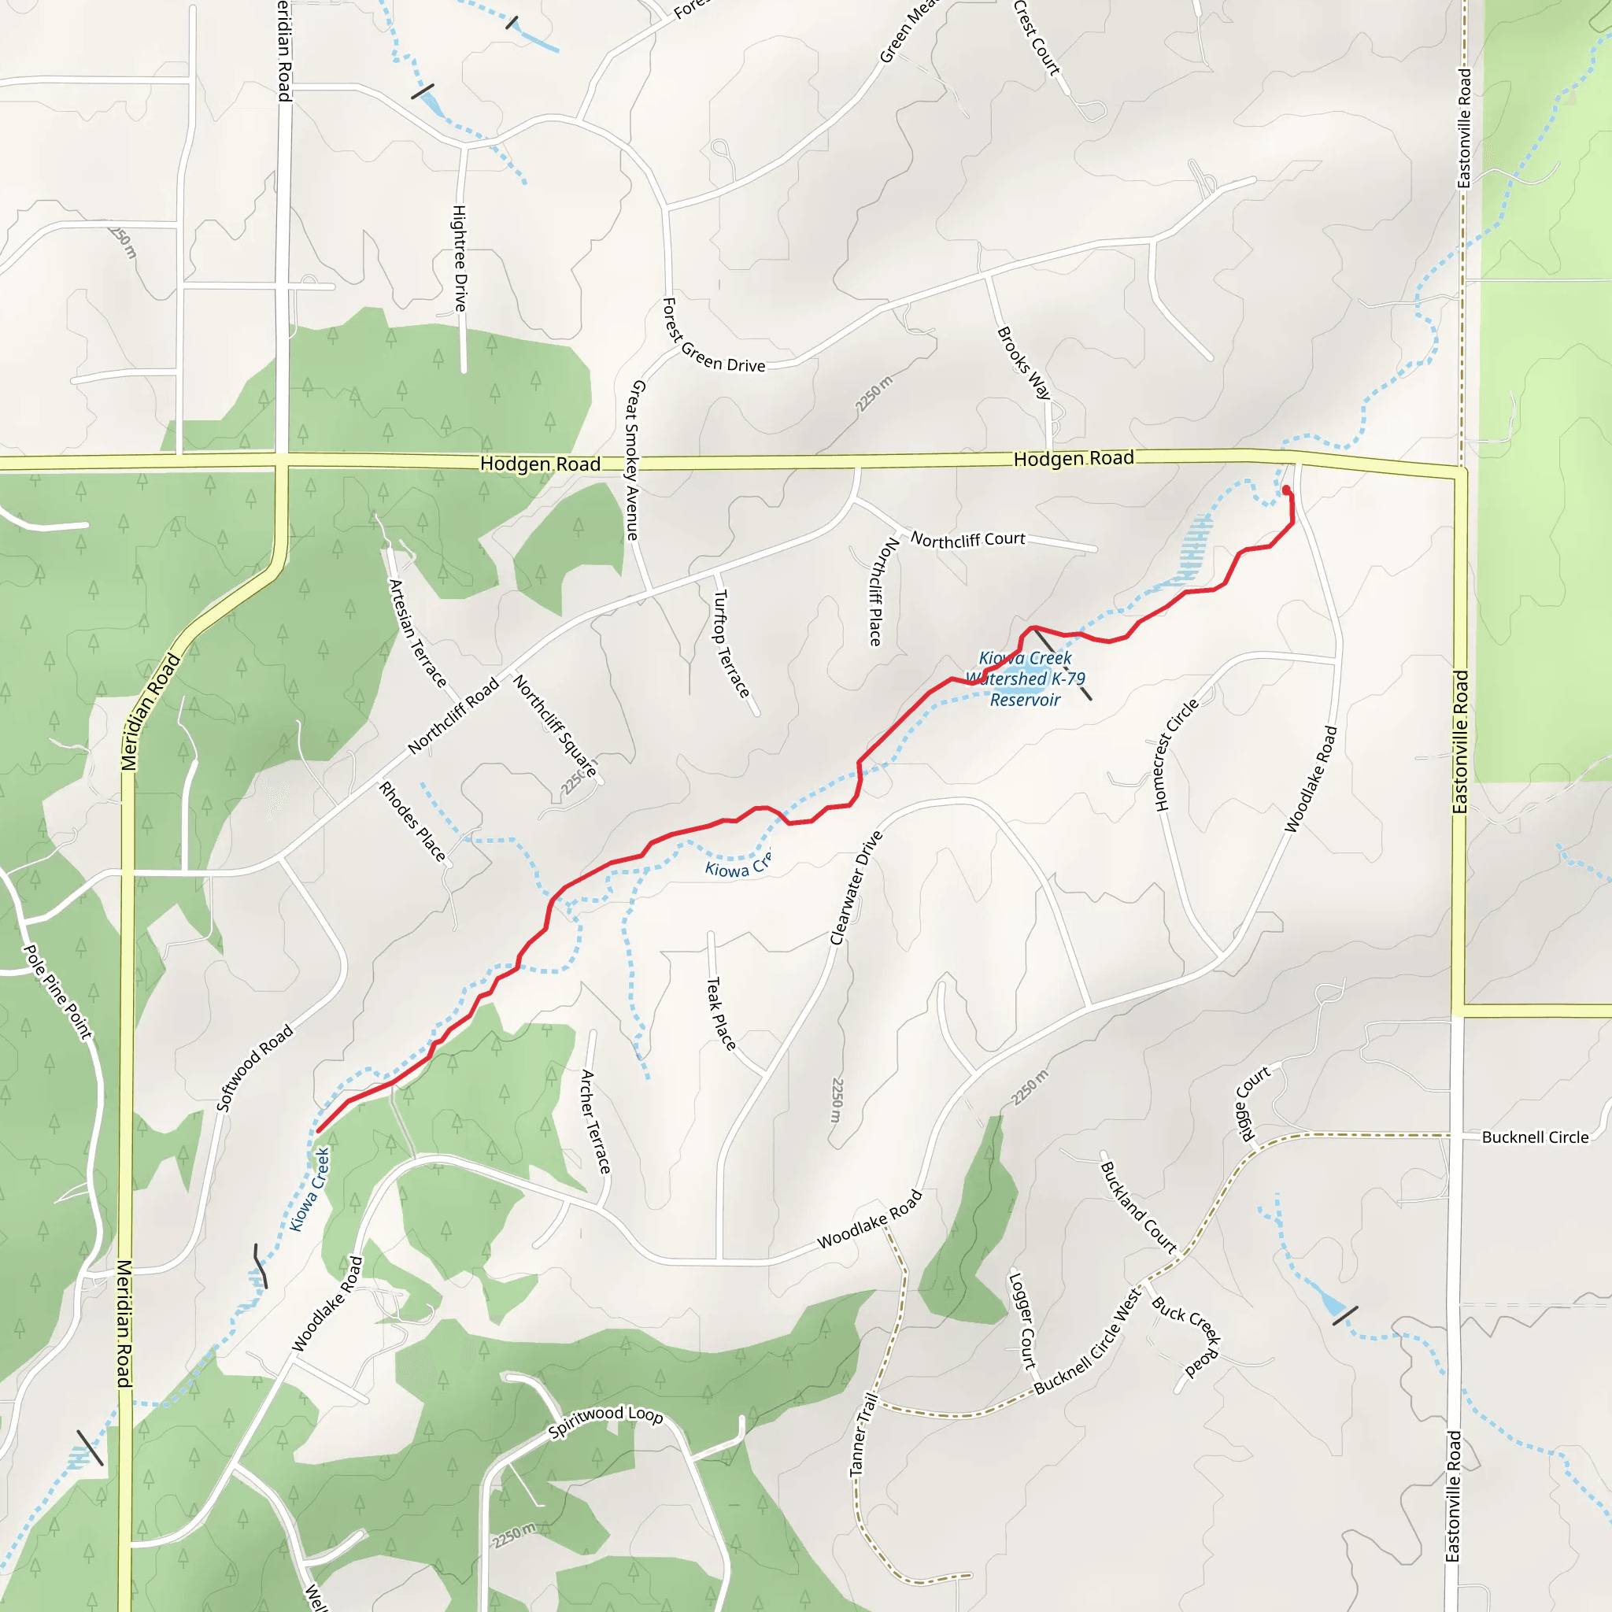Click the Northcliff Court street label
click(967, 540)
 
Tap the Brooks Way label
click(1024, 363)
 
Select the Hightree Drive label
click(460, 259)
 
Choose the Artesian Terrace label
click(417, 634)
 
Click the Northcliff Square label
click(555, 726)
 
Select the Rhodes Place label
click(412, 822)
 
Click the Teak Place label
click(721, 1014)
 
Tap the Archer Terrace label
click(596, 1122)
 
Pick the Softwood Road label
click(254, 1068)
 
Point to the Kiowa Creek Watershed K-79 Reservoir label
click(1026, 678)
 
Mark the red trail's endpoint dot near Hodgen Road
click(1286, 490)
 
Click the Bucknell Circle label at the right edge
click(1534, 1137)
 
